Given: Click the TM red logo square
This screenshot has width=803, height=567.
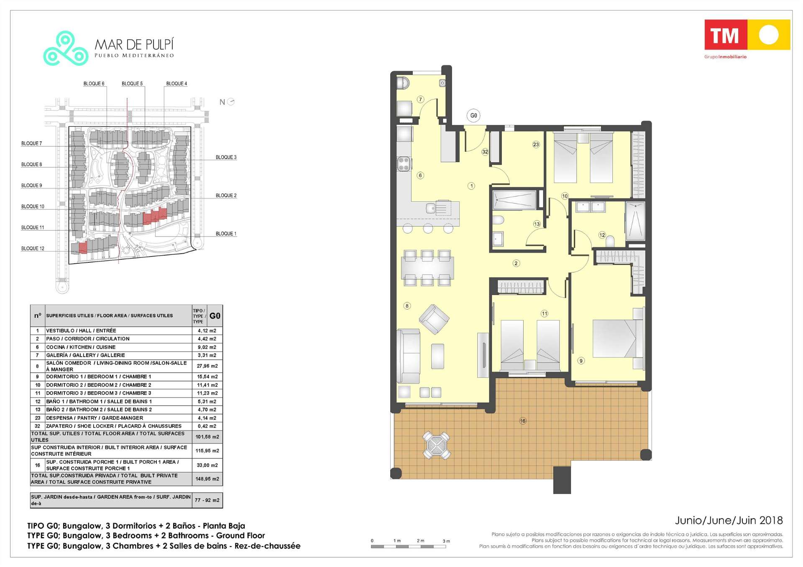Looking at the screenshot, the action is click(726, 35).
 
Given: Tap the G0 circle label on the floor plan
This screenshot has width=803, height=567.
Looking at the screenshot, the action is click(473, 116).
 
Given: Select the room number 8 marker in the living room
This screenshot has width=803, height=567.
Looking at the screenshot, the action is click(407, 306).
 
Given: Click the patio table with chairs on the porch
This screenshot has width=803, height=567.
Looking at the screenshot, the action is click(436, 445).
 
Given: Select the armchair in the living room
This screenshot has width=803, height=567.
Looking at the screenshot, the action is click(434, 319).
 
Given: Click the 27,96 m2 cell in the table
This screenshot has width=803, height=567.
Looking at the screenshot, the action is click(207, 366).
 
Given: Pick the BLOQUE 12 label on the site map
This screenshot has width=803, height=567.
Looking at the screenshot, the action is click(33, 249).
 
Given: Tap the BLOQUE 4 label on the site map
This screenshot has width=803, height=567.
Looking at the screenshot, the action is click(176, 84).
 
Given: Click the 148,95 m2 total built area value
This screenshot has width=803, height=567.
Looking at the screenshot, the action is click(207, 479).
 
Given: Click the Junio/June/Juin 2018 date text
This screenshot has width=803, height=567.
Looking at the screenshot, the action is click(729, 520).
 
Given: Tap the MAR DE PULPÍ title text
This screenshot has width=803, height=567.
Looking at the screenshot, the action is click(134, 44).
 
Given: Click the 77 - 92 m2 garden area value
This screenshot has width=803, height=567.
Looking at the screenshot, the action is click(207, 500).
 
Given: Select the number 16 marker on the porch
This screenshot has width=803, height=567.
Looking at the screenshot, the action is click(523, 421).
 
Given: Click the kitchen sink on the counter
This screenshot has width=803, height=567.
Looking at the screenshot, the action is click(431, 208).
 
